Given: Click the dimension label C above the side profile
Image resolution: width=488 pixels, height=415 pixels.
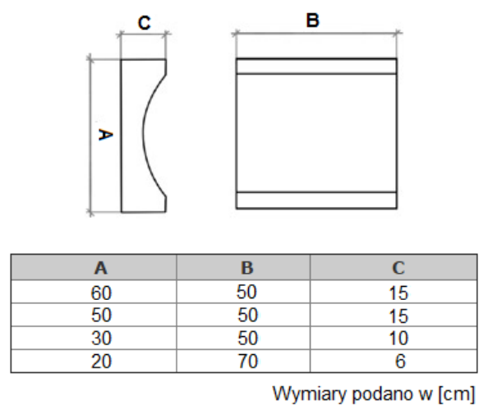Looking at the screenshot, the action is (145, 22).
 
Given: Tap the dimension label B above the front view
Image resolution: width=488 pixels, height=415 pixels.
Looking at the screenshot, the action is (313, 21).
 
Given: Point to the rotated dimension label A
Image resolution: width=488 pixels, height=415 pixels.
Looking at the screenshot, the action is (105, 135).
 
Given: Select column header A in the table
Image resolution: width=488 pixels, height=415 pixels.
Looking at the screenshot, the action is (101, 268).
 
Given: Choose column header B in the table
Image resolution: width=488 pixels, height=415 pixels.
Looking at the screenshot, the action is (247, 268).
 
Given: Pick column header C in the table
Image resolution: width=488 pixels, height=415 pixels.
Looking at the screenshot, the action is (398, 268).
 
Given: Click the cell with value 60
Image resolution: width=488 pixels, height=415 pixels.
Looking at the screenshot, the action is (101, 293).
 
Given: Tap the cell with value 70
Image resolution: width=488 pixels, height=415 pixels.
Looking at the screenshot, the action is (248, 361).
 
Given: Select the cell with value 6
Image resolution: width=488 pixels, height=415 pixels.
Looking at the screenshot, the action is (400, 361).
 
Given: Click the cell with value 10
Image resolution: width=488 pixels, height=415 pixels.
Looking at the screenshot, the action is (398, 338).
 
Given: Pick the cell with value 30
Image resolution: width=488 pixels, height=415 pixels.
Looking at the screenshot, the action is (101, 338).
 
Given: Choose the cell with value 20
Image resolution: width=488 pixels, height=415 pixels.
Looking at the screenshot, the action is (101, 361).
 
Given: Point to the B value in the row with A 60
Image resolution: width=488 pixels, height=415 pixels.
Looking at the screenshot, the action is (246, 292).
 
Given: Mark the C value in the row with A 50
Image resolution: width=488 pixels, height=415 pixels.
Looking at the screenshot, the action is (398, 316).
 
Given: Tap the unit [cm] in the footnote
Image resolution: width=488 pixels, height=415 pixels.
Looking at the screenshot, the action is (457, 394).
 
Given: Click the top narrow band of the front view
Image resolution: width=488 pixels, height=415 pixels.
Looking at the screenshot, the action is (316, 66).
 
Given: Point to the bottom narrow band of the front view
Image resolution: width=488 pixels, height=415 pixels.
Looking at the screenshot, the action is (316, 201).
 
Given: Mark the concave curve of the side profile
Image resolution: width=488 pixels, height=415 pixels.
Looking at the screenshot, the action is (144, 134).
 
